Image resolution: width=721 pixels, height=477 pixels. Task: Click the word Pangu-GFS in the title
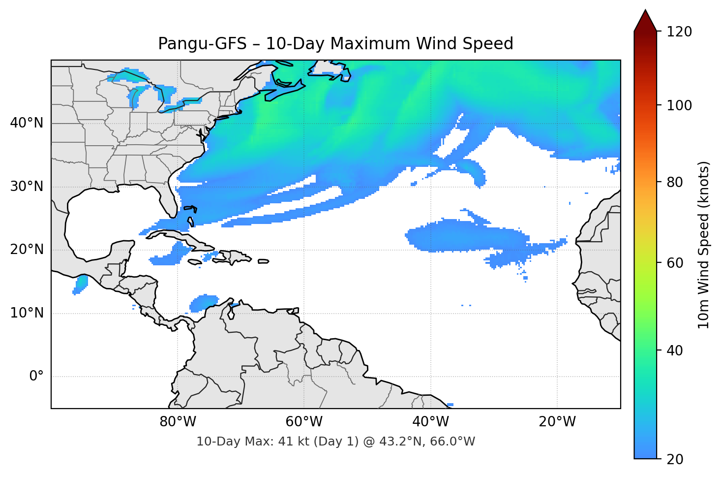click(202, 44)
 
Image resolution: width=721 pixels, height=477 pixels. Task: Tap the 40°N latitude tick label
click(27, 123)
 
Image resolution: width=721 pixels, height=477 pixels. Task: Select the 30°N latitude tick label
click(27, 187)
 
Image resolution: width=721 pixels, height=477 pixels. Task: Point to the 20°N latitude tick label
click(27, 250)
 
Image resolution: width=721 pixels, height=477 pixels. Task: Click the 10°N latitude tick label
click(27, 313)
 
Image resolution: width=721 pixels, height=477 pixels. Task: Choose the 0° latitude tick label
click(36, 377)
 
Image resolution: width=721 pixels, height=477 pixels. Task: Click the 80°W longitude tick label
click(178, 422)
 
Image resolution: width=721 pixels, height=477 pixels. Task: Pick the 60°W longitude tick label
click(304, 422)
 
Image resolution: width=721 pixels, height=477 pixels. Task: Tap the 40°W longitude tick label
click(430, 422)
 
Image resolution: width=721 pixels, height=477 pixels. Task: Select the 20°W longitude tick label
click(557, 422)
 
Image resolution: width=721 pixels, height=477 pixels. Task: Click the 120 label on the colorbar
click(679, 32)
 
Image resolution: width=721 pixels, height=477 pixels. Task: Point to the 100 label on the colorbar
click(679, 105)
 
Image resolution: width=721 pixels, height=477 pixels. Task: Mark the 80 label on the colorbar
click(675, 182)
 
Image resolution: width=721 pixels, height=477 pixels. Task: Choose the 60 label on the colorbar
click(675, 263)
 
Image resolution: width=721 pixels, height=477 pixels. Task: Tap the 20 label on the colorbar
click(675, 459)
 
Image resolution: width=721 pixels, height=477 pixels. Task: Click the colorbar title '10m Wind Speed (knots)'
click(704, 245)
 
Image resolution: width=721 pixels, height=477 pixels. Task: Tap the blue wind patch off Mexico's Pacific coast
click(81, 284)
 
